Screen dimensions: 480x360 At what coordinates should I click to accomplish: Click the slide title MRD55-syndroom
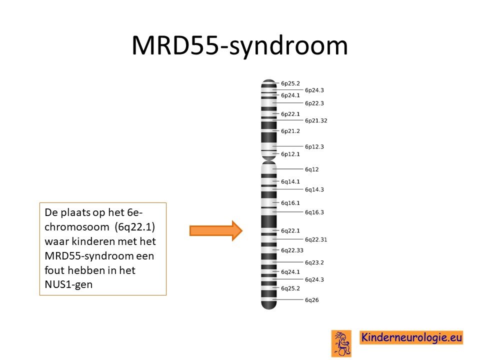point(239,45)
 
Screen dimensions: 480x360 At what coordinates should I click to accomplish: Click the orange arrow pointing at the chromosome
point(216,230)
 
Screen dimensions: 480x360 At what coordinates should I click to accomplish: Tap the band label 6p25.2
point(290,83)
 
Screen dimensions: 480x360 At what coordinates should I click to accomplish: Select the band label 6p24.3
point(314,90)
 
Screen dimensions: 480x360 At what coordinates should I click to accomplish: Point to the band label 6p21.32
point(316,120)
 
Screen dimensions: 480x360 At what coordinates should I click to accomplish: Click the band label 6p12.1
point(290,154)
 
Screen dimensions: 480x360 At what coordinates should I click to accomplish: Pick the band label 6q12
point(311,169)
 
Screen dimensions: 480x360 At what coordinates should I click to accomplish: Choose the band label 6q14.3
point(314,189)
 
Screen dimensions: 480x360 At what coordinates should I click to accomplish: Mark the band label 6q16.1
point(290,203)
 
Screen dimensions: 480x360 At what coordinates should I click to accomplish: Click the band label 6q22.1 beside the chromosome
point(290,230)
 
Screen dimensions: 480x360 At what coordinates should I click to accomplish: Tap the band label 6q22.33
point(292,250)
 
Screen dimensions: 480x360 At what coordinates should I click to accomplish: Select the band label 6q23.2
point(314,262)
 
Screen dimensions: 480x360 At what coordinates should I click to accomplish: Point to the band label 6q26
point(311,300)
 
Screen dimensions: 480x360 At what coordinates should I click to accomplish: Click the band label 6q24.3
point(314,279)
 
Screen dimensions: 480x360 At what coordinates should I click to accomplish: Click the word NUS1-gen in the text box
point(68,284)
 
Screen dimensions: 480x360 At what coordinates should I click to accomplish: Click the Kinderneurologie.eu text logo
point(411,337)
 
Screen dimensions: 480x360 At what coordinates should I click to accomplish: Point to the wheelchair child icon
point(341,343)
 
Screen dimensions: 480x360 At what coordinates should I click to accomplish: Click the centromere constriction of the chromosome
point(269,160)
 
